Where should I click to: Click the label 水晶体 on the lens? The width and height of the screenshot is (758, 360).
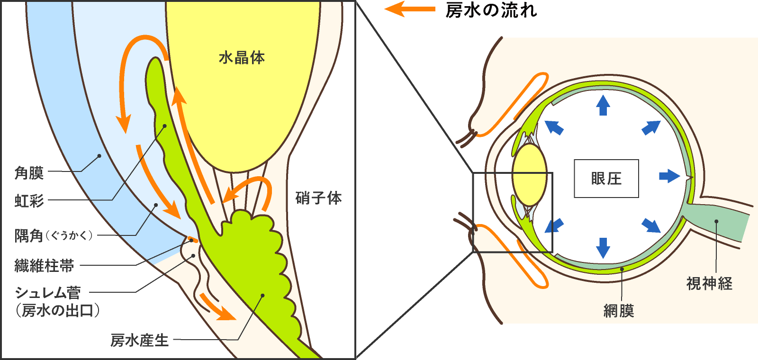click(242, 58)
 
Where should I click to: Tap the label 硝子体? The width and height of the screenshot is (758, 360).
click(318, 198)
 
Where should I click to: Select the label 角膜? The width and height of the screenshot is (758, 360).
click(29, 173)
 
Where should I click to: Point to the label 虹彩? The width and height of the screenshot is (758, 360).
click(29, 201)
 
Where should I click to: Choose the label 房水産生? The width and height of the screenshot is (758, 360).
click(140, 340)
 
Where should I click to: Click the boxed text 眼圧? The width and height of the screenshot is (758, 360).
click(606, 179)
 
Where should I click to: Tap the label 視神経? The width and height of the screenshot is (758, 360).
click(709, 283)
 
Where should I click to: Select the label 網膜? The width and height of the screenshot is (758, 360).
click(619, 311)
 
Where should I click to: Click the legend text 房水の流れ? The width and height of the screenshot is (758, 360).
click(491, 10)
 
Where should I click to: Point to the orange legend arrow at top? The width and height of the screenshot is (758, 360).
click(409, 9)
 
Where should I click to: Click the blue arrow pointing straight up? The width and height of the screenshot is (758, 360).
click(603, 105)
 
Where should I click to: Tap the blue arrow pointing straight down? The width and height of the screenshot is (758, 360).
click(603, 247)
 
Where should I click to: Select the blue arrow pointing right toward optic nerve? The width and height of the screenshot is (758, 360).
click(669, 176)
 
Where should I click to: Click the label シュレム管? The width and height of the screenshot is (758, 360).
click(48, 292)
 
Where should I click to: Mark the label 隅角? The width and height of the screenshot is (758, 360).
click(29, 235)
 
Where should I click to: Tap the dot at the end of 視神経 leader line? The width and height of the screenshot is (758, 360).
click(717, 221)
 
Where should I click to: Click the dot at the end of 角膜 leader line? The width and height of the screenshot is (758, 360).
click(99, 155)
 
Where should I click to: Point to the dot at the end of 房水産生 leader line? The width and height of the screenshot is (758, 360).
click(262, 296)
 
